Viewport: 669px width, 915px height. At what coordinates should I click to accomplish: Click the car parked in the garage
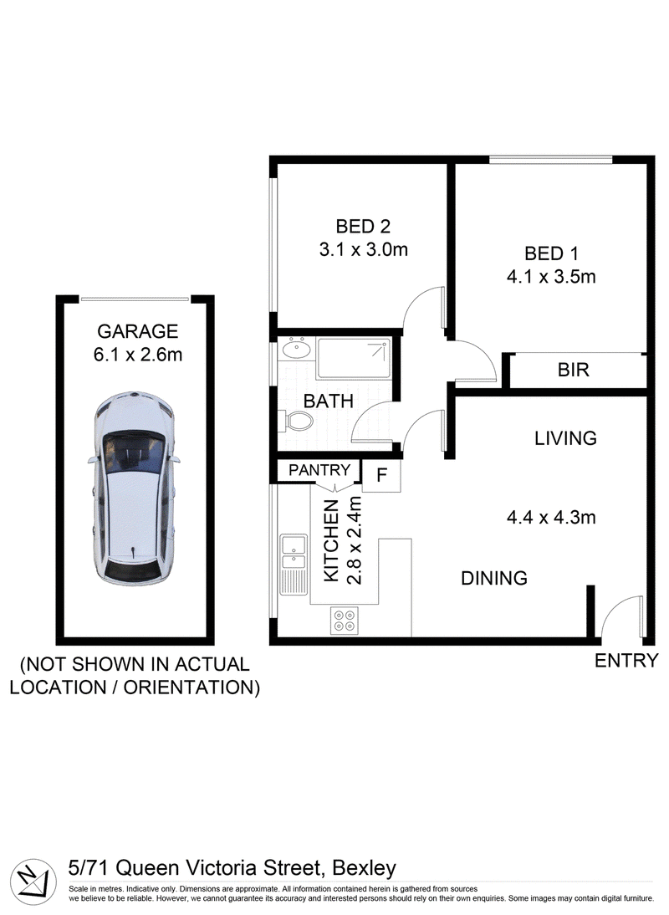click(134, 489)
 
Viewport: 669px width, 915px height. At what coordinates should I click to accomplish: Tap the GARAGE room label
click(138, 331)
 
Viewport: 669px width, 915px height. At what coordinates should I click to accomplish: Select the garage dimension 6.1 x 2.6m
click(138, 355)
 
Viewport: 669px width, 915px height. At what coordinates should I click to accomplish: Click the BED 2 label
click(363, 227)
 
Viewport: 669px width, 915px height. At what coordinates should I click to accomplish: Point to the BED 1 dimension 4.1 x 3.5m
click(551, 277)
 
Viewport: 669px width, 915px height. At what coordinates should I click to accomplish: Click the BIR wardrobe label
click(574, 370)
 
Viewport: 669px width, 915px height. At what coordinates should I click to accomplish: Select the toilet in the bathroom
click(296, 420)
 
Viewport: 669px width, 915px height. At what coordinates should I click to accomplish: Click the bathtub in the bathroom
click(354, 359)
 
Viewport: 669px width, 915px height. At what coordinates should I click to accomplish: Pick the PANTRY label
click(319, 470)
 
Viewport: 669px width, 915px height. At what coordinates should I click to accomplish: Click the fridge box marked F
click(381, 476)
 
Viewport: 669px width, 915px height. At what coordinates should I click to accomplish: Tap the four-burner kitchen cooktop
click(345, 621)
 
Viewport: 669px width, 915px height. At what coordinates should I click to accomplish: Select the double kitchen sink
click(294, 565)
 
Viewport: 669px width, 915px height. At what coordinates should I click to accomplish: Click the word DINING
click(494, 578)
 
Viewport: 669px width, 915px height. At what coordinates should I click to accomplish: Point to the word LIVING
click(565, 438)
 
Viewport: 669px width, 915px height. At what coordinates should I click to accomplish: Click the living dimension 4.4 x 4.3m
click(551, 518)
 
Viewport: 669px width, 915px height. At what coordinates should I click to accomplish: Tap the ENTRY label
click(626, 661)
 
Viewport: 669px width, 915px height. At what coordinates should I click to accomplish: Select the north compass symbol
click(33, 878)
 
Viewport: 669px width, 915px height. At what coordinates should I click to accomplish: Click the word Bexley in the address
click(364, 868)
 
